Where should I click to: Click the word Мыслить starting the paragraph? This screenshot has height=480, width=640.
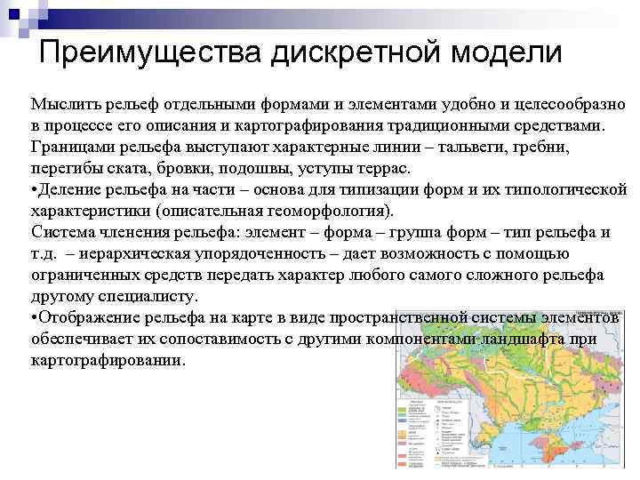pyautogui.click(x=63, y=104)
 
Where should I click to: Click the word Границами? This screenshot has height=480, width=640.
pyautogui.click(x=74, y=147)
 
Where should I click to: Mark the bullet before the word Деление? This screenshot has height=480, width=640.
pyautogui.click(x=34, y=189)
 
